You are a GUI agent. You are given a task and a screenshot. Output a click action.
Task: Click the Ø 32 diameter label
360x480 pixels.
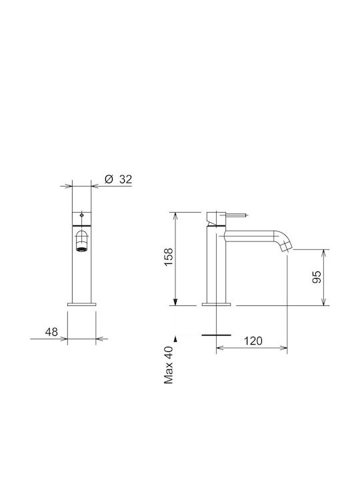tap(118, 179)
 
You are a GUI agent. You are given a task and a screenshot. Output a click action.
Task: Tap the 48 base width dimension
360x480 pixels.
tap(51, 332)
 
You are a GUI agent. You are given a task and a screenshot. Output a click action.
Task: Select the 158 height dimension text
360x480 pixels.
tap(169, 257)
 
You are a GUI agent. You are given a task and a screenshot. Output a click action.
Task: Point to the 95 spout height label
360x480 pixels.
tap(317, 277)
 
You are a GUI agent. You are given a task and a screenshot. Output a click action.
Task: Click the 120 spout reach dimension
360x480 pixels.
tap(253, 341)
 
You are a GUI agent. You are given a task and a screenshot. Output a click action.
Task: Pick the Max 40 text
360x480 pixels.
tap(169, 365)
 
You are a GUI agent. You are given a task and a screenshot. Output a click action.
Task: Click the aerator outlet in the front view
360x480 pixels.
tap(81, 249)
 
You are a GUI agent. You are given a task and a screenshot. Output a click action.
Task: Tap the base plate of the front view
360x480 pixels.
tap(82, 304)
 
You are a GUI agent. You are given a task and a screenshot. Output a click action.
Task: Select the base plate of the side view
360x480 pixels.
tap(216, 304)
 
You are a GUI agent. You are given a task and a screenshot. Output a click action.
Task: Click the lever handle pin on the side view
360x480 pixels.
tap(236, 215)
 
